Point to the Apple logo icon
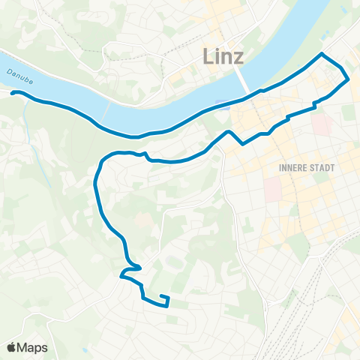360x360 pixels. (x=12, y=348)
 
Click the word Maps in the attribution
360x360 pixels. (x=33, y=348)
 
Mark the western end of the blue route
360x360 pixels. (x=12, y=93)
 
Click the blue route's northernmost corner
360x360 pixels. (x=322, y=54)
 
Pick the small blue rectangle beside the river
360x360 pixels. (x=220, y=103)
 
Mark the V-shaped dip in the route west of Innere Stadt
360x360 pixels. (x=242, y=142)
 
